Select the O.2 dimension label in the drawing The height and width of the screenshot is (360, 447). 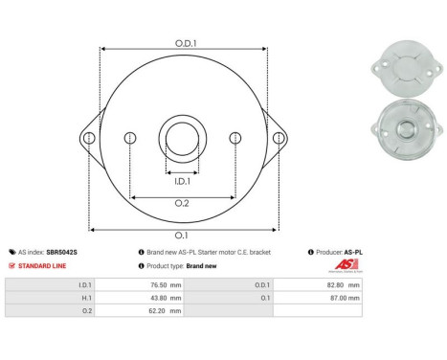click(181, 204)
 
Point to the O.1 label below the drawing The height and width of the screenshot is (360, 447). click(182, 236)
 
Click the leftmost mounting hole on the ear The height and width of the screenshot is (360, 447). click(89, 139)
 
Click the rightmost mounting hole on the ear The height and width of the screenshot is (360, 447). click(278, 139)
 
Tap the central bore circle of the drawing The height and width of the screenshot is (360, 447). click(182, 133)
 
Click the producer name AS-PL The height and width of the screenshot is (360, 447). click(353, 252)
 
